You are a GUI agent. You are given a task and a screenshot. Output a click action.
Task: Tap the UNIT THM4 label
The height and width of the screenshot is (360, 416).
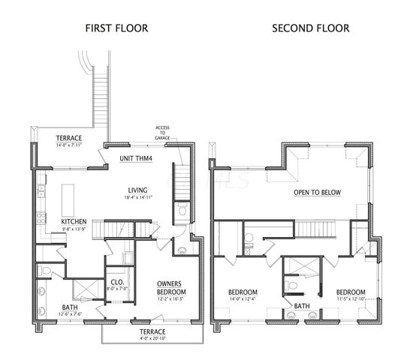[136, 159]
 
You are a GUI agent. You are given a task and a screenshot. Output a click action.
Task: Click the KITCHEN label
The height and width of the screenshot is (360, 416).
[74, 221]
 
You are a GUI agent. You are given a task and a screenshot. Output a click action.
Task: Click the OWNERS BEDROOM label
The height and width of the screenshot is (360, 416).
[171, 287]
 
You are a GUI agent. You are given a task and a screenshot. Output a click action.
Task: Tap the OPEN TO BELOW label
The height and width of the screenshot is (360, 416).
[316, 193]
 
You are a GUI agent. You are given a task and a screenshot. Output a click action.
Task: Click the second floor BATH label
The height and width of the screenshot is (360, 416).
[301, 306]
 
